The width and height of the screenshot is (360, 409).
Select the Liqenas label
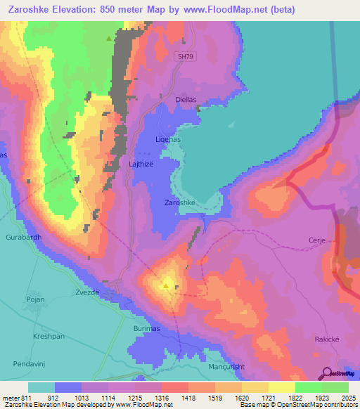click(167, 140)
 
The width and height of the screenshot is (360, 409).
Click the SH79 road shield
click(186, 56)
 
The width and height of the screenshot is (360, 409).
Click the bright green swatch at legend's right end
click(335, 387)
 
